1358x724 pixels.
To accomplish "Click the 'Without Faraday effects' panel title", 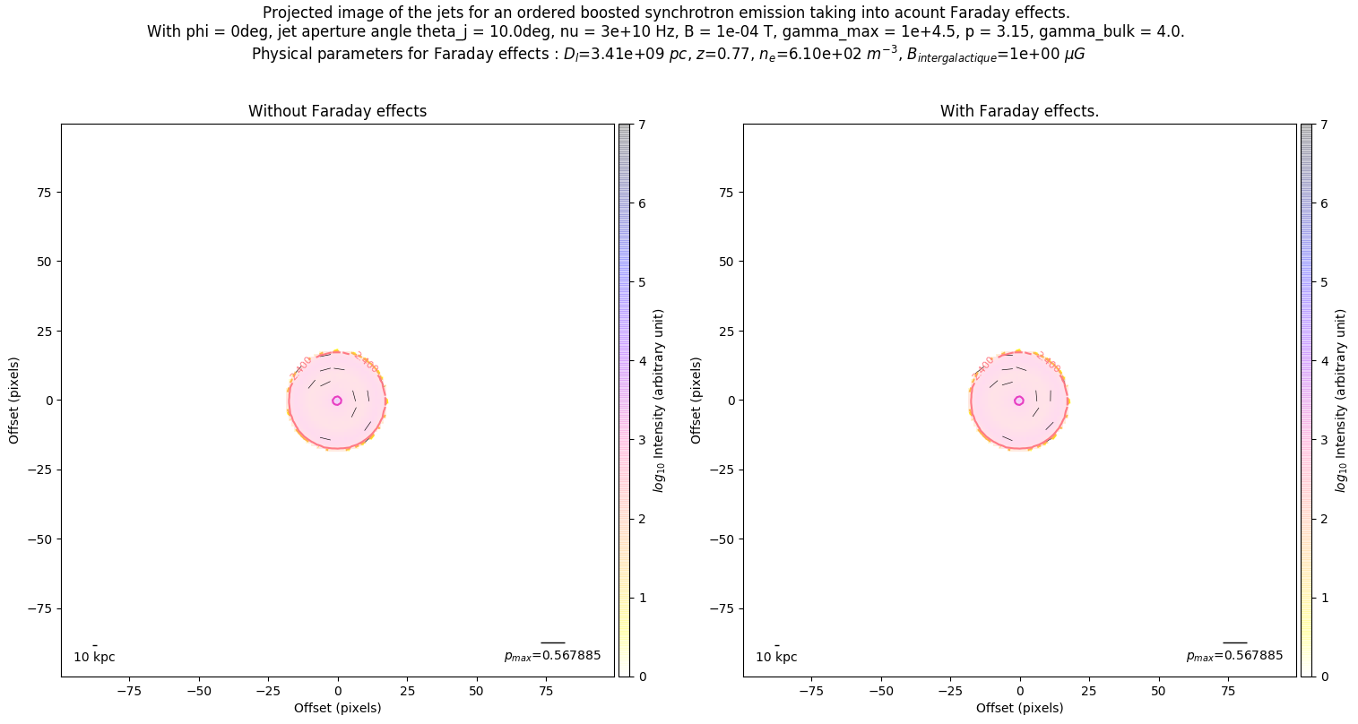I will coord(337,111).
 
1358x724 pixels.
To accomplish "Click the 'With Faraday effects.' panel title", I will coord(1019,111).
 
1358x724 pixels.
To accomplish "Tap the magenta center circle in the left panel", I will coord(337,401).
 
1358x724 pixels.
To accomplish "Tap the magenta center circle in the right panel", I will coord(1019,401).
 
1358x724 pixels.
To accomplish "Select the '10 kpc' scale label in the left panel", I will coord(94,658).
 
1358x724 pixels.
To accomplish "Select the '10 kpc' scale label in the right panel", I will coord(776,658).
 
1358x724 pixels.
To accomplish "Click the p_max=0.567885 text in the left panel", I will coord(552,656).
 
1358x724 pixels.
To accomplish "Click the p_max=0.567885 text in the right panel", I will coord(1234,656).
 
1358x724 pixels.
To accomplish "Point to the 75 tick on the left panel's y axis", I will coord(44,193).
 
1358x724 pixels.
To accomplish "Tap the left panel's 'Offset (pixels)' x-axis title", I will coord(337,708).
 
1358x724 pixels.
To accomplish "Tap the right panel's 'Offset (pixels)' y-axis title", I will coord(696,401).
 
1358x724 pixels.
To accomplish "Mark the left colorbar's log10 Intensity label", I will coord(659,401).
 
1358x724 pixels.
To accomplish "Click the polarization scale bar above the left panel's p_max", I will coord(552,642).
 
